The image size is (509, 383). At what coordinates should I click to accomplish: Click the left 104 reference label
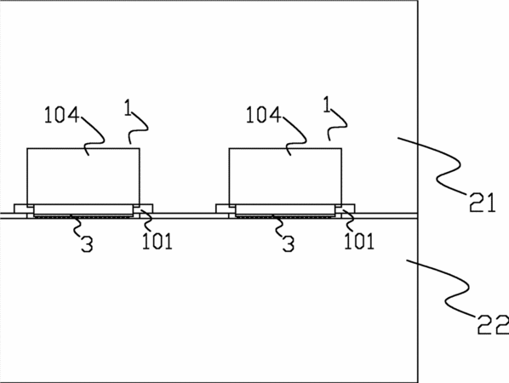(x=61, y=115)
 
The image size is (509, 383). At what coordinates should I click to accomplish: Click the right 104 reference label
(x=263, y=115)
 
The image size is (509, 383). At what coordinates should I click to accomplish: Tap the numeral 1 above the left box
(x=129, y=108)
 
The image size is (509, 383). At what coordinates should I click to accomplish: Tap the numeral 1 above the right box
(x=327, y=105)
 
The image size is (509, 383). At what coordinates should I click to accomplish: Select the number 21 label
(x=483, y=203)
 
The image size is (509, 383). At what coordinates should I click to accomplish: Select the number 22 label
(x=493, y=325)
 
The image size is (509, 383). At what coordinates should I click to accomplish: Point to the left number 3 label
(x=87, y=244)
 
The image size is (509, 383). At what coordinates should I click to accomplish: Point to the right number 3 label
(x=289, y=244)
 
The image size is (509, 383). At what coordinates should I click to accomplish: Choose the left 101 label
(x=157, y=242)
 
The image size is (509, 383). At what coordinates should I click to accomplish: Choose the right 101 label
(x=359, y=242)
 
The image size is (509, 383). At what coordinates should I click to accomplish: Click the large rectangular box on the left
(x=83, y=176)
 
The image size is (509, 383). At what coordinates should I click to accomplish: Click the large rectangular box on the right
(x=285, y=176)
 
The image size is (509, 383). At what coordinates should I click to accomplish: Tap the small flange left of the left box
(x=20, y=209)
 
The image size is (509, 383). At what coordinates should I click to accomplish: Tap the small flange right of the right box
(x=348, y=209)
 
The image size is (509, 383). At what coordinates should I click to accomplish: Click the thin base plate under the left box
(x=83, y=209)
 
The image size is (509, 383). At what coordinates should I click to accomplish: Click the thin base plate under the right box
(x=285, y=209)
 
